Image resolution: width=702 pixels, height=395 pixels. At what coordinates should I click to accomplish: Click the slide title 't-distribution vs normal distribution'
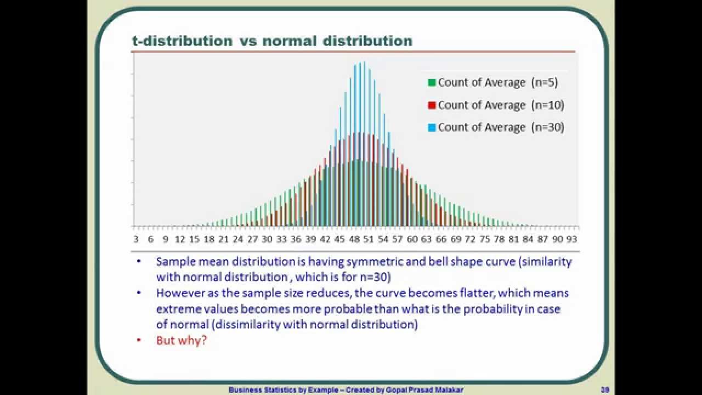(x=272, y=41)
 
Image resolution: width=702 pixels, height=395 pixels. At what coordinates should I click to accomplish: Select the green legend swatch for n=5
(x=432, y=83)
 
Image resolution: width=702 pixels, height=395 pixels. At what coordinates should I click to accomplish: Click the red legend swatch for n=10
(x=432, y=105)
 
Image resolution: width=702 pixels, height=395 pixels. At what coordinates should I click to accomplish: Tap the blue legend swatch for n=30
(x=432, y=128)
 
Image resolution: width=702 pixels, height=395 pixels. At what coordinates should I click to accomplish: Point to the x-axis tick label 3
(x=136, y=239)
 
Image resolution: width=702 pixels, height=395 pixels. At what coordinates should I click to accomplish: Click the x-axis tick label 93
(x=572, y=239)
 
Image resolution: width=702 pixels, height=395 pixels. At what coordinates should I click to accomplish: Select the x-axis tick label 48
(x=354, y=239)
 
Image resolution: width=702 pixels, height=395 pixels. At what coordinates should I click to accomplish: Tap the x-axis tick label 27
(x=252, y=239)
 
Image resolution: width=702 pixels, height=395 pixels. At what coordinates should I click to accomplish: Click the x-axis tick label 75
(x=485, y=239)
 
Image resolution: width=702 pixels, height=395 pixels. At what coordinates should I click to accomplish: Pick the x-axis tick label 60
(x=412, y=239)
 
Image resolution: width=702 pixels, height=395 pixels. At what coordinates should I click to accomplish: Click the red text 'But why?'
(x=182, y=340)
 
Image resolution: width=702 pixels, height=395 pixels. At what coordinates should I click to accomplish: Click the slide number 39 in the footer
(x=605, y=390)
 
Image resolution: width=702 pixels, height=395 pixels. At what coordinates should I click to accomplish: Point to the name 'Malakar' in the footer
(x=450, y=390)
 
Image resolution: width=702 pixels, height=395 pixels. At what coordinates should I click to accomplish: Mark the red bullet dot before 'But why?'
(x=139, y=341)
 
